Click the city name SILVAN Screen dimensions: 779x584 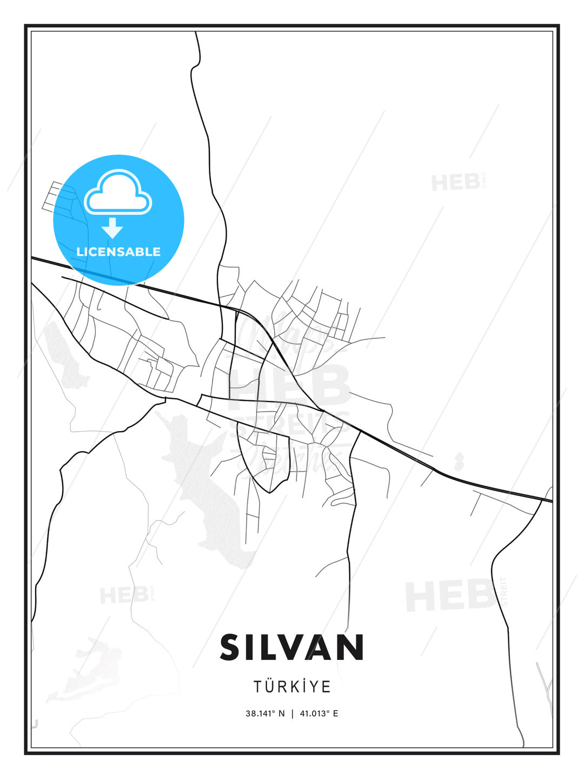click(291, 647)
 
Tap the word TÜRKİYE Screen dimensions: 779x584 click(292, 686)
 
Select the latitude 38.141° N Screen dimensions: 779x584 click(265, 714)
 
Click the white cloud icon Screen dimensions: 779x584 click(118, 192)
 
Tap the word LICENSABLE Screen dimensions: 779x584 click(118, 252)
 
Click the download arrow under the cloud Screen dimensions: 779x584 click(112, 228)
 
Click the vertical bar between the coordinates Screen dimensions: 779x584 click(293, 714)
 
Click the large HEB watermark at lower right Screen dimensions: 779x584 click(449, 595)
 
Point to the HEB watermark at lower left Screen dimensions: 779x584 click(124, 596)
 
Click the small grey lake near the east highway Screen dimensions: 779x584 click(459, 461)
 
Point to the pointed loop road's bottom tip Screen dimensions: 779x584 click(270, 492)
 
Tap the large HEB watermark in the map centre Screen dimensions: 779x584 click(289, 385)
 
